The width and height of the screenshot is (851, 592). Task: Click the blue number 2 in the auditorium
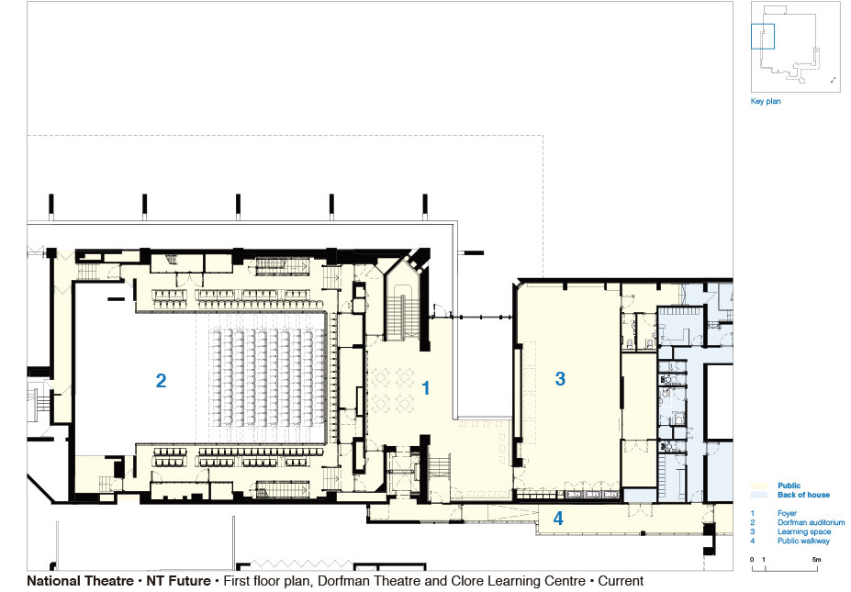point(161,381)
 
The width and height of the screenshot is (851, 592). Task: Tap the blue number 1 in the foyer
point(426,388)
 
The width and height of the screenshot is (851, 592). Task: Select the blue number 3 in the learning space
point(560,379)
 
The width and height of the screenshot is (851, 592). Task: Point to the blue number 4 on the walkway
point(558,519)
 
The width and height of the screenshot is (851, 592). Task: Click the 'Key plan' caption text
point(766,101)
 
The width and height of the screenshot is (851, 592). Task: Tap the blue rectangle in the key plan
point(763,37)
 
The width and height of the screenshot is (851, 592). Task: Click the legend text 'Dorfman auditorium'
point(811,522)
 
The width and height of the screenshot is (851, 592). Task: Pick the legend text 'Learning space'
point(804,531)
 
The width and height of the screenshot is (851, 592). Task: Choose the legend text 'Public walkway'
point(803,541)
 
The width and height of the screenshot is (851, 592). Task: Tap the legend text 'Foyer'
point(787,513)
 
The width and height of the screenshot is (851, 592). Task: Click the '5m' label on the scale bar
point(816,560)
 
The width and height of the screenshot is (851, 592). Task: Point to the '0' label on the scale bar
point(752,560)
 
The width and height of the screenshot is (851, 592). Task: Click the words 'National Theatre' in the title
point(80,581)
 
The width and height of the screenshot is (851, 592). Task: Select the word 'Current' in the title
point(621,581)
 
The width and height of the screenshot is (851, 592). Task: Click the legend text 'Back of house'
point(803,495)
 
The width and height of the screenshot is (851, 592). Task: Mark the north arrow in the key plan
point(833,80)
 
